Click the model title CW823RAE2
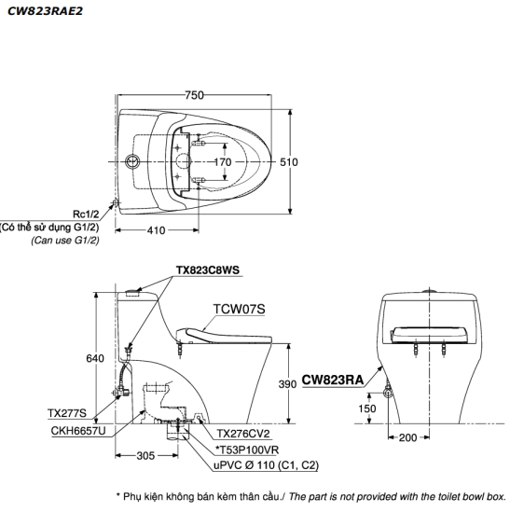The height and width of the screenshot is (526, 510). (45, 11)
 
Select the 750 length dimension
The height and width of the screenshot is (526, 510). (194, 95)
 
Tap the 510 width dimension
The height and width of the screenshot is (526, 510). (289, 162)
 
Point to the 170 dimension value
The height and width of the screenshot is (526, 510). (223, 162)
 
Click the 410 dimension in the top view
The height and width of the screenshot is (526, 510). (157, 230)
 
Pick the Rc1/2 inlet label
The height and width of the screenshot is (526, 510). (86, 214)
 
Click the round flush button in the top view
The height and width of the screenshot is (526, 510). (132, 161)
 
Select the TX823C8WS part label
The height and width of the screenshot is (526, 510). (208, 270)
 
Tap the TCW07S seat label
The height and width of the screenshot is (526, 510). (239, 309)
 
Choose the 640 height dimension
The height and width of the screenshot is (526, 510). (95, 359)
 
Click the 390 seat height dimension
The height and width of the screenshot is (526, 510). (287, 384)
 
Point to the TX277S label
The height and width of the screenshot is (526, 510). (67, 413)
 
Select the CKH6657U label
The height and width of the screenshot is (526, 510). (78, 431)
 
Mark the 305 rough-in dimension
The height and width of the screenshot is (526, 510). (145, 455)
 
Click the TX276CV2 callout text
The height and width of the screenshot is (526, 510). (243, 434)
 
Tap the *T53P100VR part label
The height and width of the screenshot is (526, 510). (247, 450)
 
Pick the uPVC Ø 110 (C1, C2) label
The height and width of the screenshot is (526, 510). (267, 465)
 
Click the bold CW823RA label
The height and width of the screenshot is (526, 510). (333, 381)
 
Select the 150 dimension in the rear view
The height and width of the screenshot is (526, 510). (366, 408)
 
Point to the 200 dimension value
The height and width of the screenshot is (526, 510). (407, 437)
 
